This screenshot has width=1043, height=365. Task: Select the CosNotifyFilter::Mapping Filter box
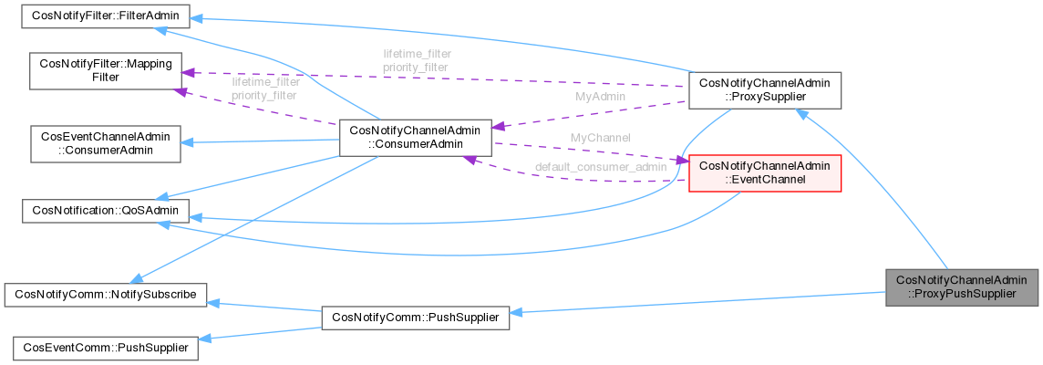pos(103,72)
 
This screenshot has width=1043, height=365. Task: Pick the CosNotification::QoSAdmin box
pos(104,212)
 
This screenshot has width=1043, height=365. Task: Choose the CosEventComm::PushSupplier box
pos(104,348)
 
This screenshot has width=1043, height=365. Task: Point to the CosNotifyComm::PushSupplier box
pos(415,318)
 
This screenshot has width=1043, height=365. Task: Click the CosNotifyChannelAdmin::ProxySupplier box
pos(763,91)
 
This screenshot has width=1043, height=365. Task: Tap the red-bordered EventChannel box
pos(764,172)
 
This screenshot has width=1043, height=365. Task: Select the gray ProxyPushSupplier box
pos(962,287)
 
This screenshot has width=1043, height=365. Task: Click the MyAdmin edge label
pos(600,95)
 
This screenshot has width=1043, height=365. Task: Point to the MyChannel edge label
pos(599,137)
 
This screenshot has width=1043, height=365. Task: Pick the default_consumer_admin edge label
pos(601,167)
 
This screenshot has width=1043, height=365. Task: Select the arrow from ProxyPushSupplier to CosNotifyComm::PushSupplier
pos(693,303)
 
